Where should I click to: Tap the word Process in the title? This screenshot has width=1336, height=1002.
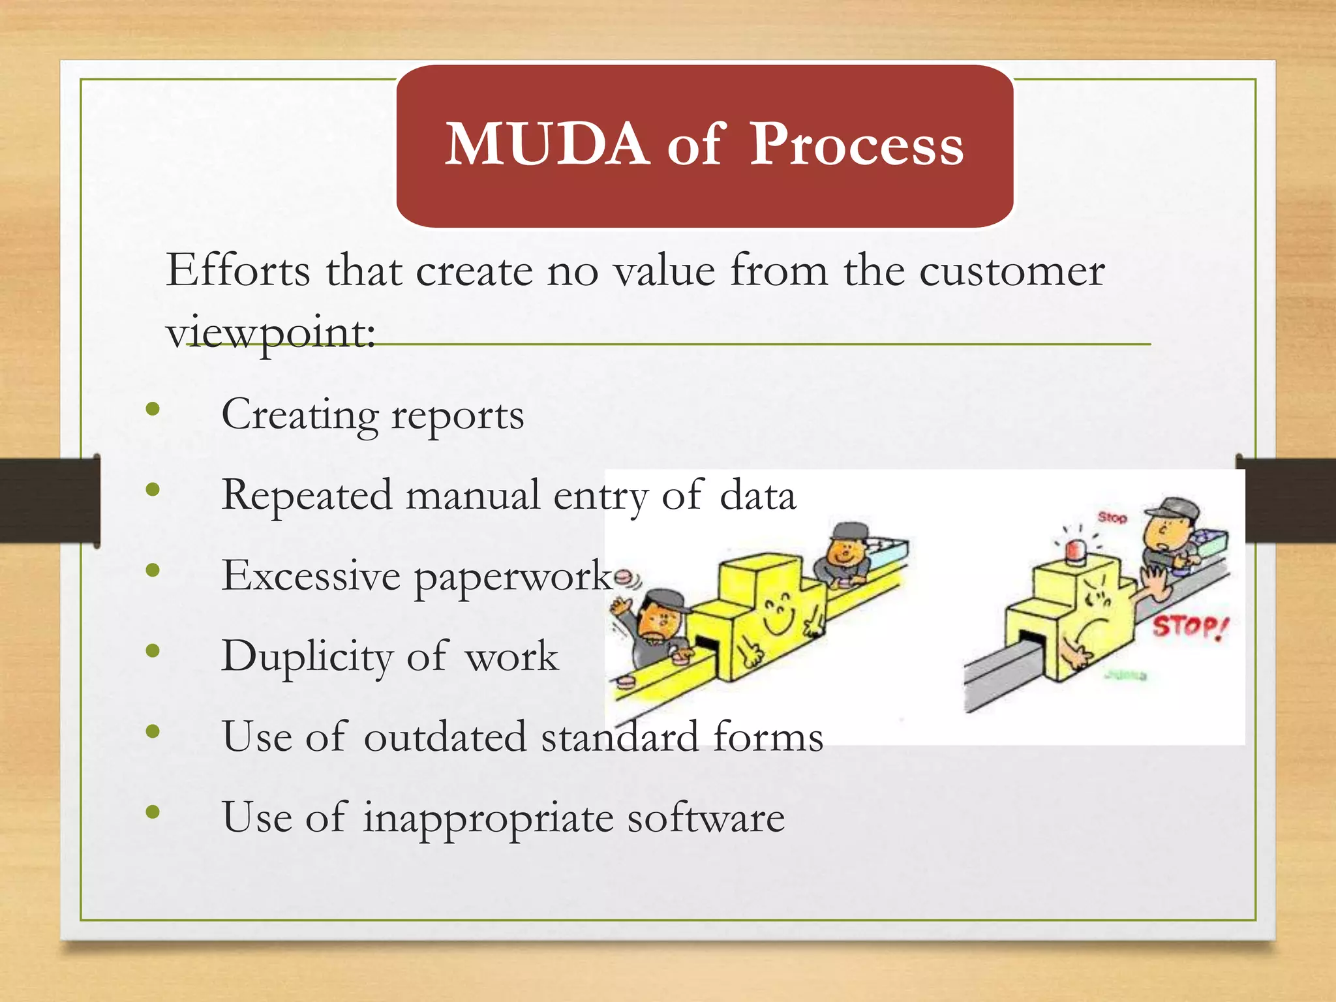(x=857, y=145)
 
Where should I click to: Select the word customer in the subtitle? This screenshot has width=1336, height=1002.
(x=1012, y=271)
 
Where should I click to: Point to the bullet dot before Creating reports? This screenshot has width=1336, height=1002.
(x=153, y=410)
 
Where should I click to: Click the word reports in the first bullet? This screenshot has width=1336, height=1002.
(x=457, y=416)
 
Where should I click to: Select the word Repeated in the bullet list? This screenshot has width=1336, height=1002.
(x=307, y=494)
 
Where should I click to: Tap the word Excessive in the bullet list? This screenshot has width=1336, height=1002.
(x=311, y=575)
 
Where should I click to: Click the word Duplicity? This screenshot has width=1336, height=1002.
(x=307, y=656)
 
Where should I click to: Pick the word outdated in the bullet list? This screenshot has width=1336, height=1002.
(x=444, y=736)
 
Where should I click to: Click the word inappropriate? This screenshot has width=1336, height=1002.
(x=488, y=817)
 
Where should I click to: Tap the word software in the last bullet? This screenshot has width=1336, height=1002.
(x=706, y=817)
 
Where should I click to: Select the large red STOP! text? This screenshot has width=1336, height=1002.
(x=1190, y=627)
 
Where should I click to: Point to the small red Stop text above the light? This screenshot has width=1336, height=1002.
(x=1112, y=517)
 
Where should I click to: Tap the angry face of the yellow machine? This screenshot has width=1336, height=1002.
(x=1097, y=603)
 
